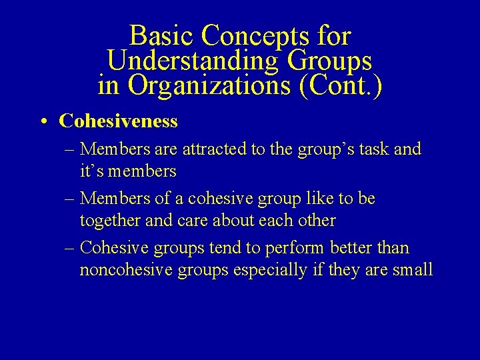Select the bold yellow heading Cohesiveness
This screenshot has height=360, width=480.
click(118, 121)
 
